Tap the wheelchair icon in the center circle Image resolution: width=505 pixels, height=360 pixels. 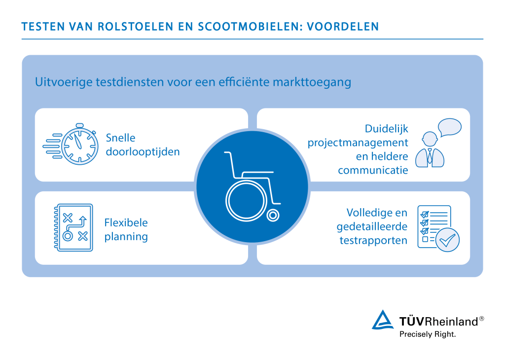pos(252,186)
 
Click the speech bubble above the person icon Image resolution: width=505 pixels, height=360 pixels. pos(449,127)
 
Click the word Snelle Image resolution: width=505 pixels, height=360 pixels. pos(120,138)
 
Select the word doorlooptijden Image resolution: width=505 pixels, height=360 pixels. pos(143,151)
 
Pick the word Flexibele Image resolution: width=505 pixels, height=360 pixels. pos(126,222)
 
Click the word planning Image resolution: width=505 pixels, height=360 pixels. pos(126,236)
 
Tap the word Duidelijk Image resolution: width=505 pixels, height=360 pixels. pos(387,129)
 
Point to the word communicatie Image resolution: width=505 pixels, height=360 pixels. pos(373,170)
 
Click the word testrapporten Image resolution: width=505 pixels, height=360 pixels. pos(373,241)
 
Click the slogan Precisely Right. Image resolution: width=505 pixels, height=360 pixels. pos(427,334)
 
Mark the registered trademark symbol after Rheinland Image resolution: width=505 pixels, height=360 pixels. pos(481,319)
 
